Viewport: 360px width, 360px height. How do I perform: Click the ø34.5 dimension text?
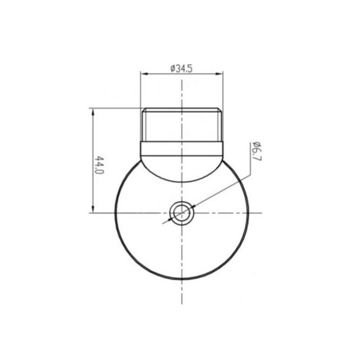click(x=181, y=68)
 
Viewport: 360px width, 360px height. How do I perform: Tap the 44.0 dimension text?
click(x=100, y=166)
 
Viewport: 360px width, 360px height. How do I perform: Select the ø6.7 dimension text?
click(x=256, y=152)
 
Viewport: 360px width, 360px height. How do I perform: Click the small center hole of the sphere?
click(x=182, y=213)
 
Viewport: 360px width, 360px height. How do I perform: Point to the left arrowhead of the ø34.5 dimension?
click(x=144, y=74)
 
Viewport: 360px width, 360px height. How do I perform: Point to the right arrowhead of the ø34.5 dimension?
click(x=219, y=74)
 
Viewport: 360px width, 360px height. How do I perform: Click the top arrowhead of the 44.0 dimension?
click(x=93, y=112)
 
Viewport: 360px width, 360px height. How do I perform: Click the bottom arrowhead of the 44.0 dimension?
click(x=93, y=209)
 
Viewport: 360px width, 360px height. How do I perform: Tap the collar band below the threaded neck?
click(x=182, y=149)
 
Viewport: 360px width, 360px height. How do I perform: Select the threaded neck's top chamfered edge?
click(x=182, y=110)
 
